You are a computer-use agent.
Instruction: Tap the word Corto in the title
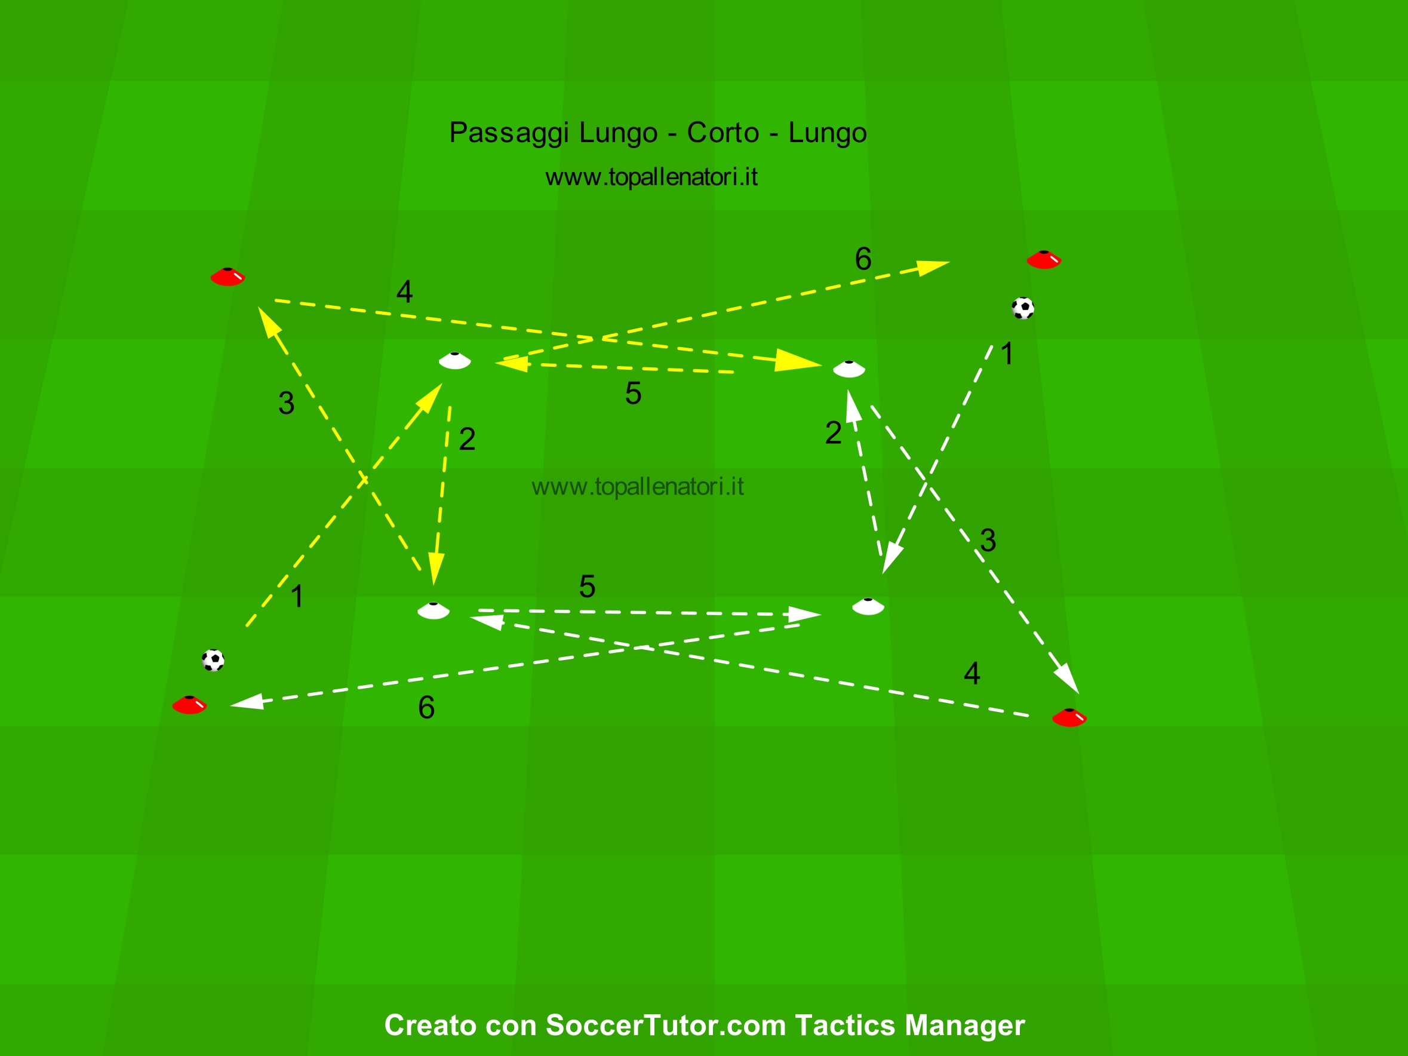[x=723, y=133]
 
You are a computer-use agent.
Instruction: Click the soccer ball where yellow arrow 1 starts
[x=213, y=660]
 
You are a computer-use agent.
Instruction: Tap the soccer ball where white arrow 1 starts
[x=1022, y=308]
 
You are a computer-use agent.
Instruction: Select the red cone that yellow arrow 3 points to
[x=228, y=277]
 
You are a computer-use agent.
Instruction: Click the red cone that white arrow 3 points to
[x=1069, y=717]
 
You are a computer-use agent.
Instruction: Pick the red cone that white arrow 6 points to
[x=190, y=705]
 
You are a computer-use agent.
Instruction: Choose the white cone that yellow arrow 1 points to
[x=455, y=361]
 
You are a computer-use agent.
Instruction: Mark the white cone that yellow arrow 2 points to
[x=434, y=610]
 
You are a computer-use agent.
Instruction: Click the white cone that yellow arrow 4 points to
[x=849, y=369]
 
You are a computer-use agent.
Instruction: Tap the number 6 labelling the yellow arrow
[x=863, y=259]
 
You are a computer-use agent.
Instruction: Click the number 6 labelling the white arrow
[x=426, y=707]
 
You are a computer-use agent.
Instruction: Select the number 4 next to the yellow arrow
[x=404, y=291]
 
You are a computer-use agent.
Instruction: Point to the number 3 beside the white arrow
[x=988, y=541]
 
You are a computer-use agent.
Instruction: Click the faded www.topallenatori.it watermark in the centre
[x=637, y=487]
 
